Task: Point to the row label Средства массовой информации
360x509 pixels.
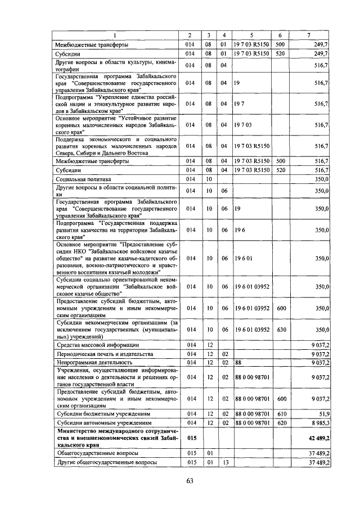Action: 96,344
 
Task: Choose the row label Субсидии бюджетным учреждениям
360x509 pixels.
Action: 99,413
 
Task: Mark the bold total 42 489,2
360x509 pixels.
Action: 317,436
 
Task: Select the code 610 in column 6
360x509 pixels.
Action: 281,413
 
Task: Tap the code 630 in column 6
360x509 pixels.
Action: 281,330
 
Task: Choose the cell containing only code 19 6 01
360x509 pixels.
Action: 244,258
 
